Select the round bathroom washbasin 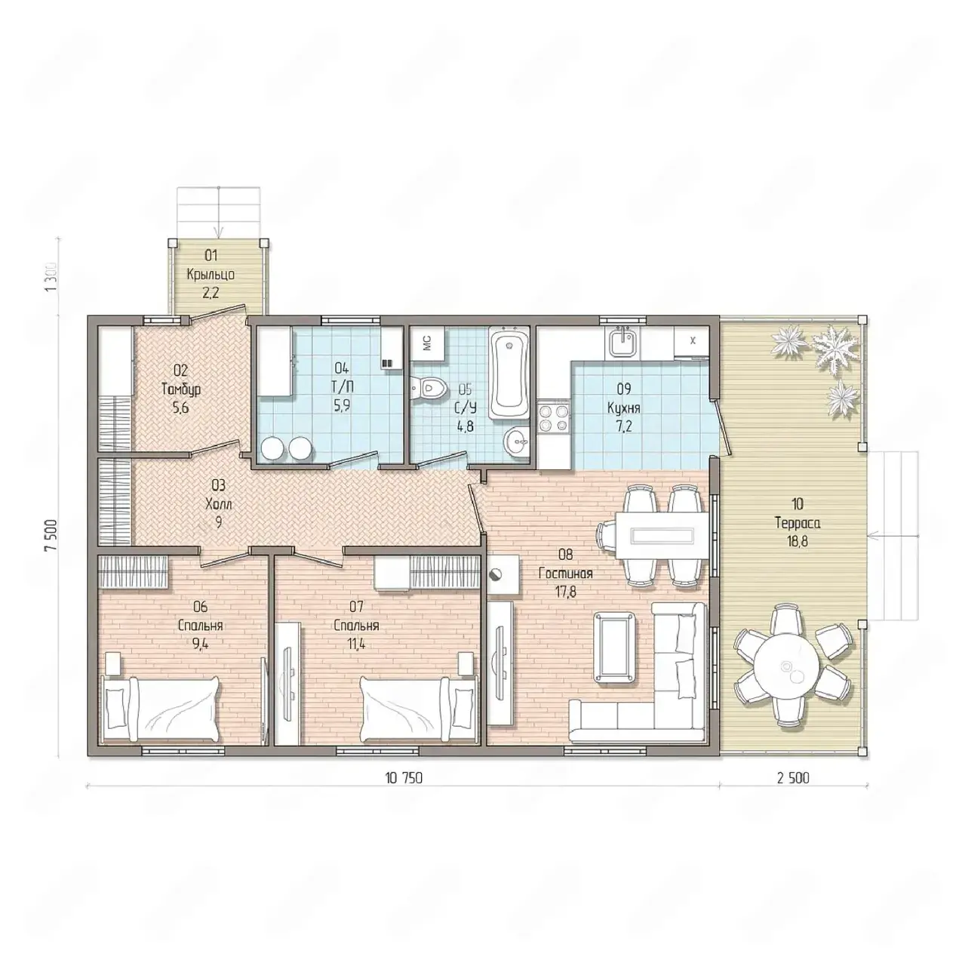517,441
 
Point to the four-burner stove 554,417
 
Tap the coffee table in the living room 615,648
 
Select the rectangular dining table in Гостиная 662,535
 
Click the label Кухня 623,408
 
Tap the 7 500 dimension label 51,536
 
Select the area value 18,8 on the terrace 797,541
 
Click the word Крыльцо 211,275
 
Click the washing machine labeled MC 426,343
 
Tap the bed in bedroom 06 161,709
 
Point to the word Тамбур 181,389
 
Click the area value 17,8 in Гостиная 565,592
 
